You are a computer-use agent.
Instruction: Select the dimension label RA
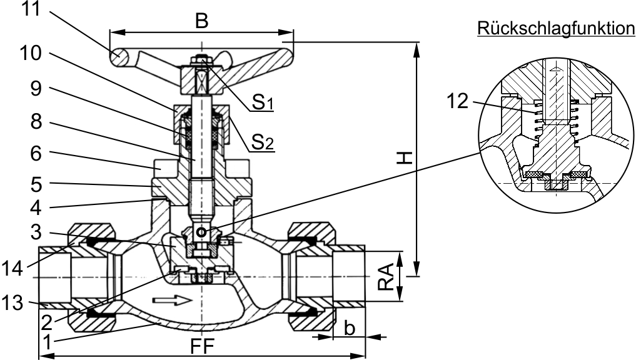click(x=388, y=276)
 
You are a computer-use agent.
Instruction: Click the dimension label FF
click(x=201, y=346)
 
